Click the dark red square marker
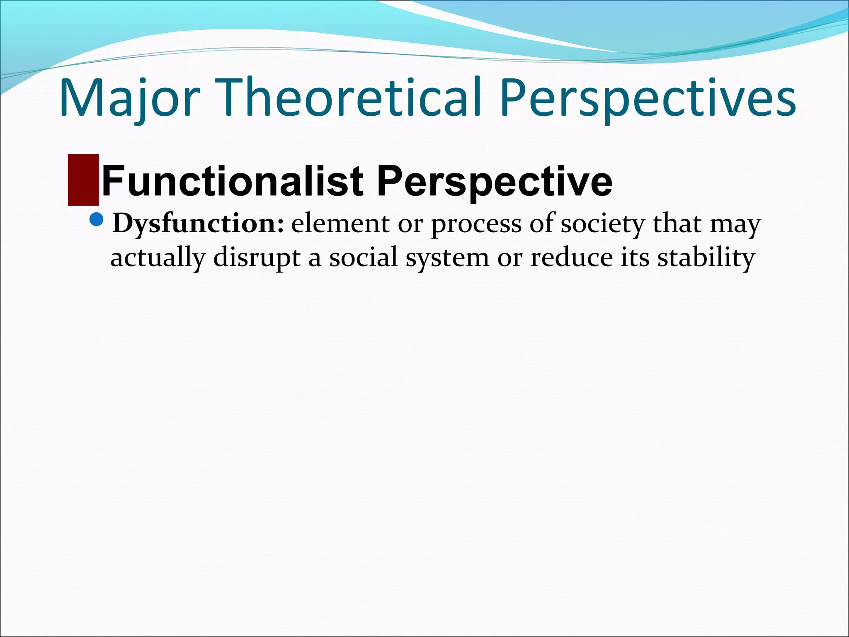tap(83, 180)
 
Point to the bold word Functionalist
tap(233, 181)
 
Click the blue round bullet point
tap(96, 219)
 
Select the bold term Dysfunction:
tap(198, 224)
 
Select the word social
tap(364, 258)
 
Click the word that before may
tap(677, 224)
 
